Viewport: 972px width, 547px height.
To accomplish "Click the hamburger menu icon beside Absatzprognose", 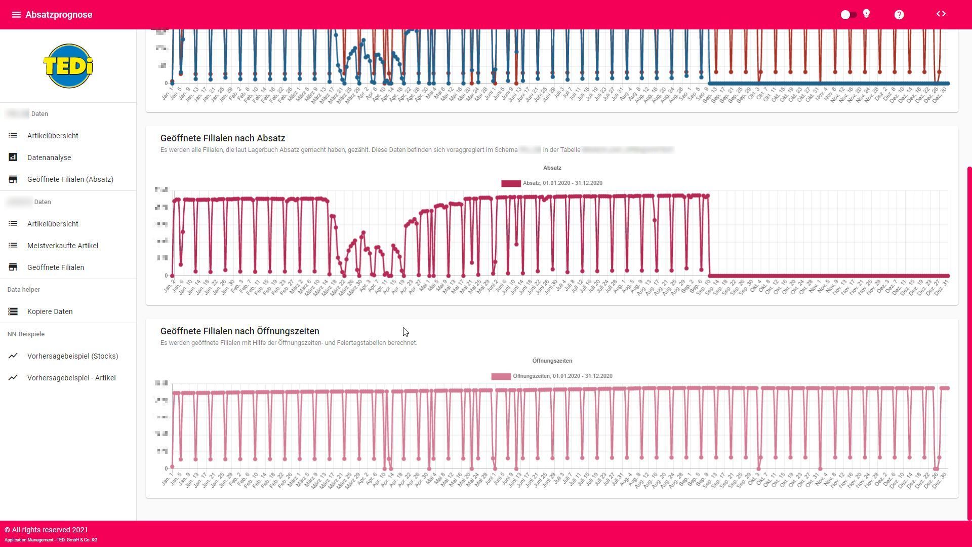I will point(16,15).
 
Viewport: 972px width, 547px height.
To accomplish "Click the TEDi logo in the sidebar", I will point(68,66).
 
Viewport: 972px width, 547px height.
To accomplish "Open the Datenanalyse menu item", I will point(49,158).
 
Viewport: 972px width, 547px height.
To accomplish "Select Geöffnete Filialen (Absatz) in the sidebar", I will point(70,179).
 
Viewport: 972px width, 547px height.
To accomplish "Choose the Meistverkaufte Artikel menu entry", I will point(63,246).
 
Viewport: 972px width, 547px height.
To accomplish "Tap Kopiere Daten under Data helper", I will point(50,311).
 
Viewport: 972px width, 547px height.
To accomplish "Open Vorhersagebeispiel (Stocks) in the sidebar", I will point(72,356).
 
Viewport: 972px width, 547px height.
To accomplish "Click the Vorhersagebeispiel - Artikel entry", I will point(71,378).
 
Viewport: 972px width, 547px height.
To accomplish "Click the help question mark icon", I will point(899,15).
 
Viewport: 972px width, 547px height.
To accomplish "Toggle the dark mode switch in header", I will point(848,15).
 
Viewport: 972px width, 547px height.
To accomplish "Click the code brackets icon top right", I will point(941,14).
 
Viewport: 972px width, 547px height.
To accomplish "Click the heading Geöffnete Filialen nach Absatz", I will point(223,138).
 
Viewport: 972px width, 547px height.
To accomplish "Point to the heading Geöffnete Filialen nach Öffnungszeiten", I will point(239,331).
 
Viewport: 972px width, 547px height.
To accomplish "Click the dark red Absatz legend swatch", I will point(511,183).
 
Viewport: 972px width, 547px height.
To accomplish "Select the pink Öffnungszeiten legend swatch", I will point(501,376).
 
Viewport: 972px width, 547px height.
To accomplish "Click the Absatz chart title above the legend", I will point(552,168).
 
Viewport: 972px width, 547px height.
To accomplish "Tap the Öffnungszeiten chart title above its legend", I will point(552,361).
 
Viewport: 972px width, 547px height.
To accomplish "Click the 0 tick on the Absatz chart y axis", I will point(166,276).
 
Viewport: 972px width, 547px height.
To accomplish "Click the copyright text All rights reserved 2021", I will point(47,530).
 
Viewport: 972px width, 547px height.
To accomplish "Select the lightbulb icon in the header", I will point(867,14).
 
